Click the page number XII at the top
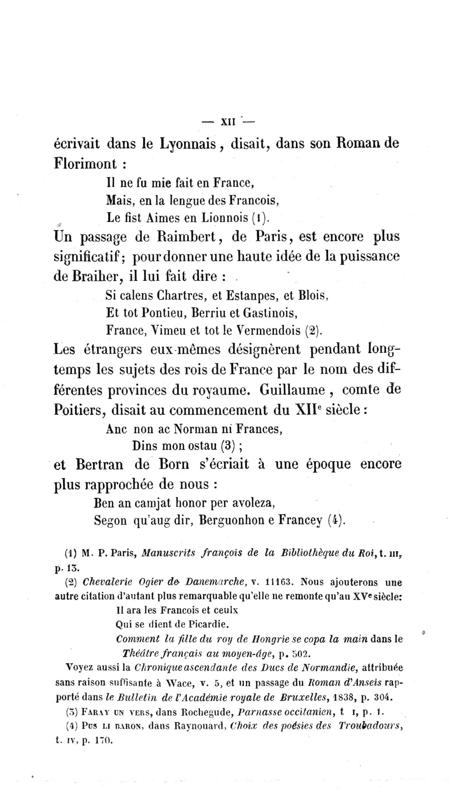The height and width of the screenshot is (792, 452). coord(228,122)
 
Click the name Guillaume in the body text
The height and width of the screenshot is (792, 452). coord(292,390)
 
